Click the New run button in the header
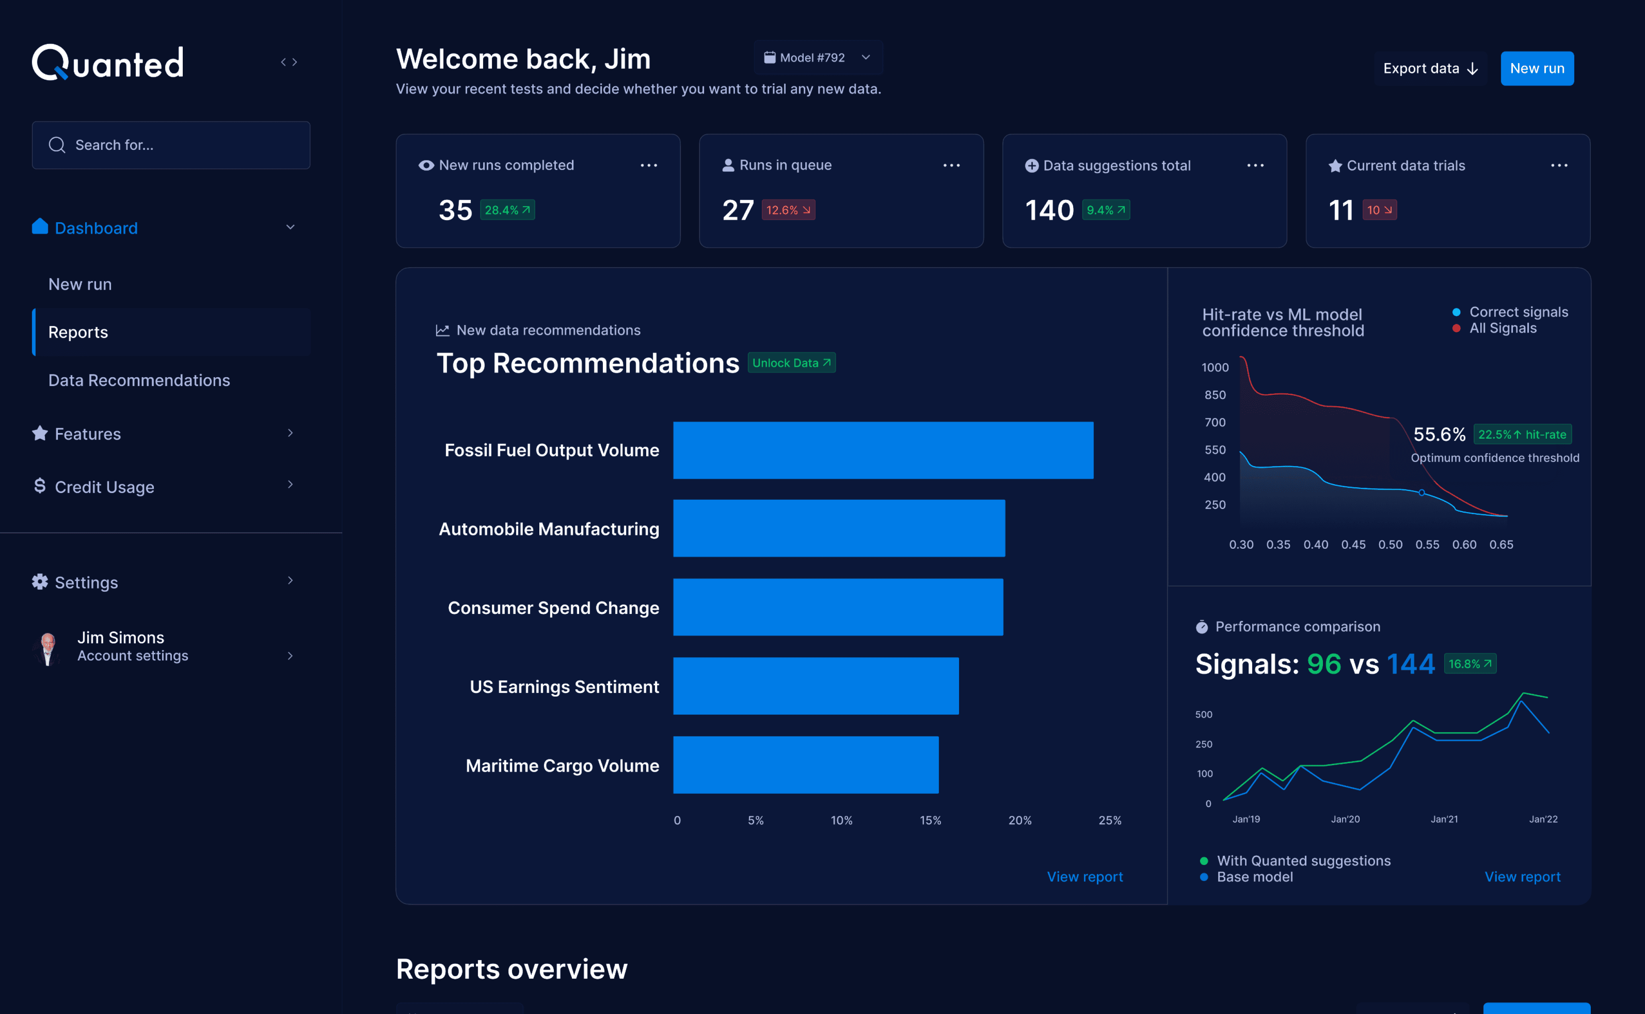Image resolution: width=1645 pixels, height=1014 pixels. (x=1537, y=68)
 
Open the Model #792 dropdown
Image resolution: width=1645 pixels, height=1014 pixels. (x=818, y=58)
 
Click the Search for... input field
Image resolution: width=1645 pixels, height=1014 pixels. (x=171, y=145)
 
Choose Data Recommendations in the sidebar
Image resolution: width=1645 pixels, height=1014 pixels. (x=139, y=380)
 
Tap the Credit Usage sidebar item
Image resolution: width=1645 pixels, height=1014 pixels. (x=104, y=487)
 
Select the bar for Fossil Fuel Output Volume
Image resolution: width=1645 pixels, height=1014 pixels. (x=883, y=450)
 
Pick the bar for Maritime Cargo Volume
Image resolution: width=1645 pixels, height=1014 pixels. (x=806, y=765)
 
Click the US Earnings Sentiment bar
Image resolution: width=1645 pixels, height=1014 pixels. (x=816, y=686)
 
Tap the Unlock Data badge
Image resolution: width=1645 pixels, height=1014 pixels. (x=791, y=363)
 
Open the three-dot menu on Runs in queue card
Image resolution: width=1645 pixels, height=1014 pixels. (x=951, y=165)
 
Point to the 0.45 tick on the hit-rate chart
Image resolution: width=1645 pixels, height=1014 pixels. (x=1353, y=544)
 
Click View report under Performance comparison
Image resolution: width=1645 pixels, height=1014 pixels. (x=1523, y=877)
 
